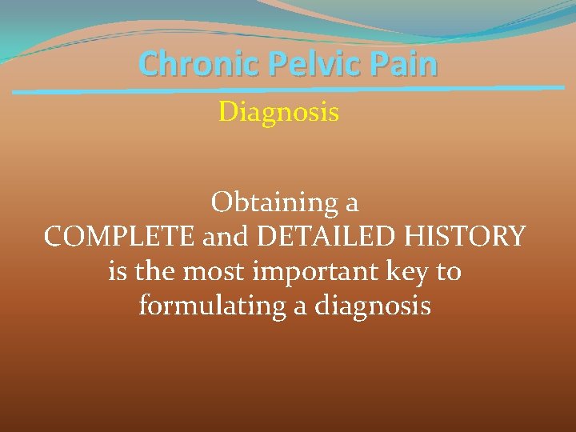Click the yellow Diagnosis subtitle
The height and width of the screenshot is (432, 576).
pos(278,113)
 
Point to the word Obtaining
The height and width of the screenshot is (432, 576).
pos(274,204)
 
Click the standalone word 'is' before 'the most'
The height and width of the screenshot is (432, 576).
pos(117,271)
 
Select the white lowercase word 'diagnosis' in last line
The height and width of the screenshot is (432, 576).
pos(375,306)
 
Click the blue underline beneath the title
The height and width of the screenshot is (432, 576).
pos(288,90)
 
